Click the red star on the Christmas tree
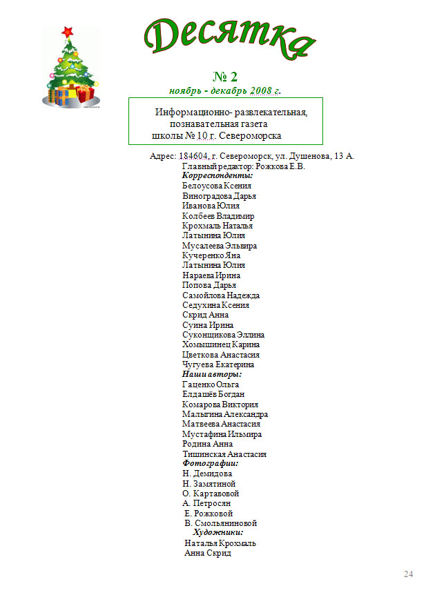pyautogui.click(x=67, y=31)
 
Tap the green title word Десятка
pyautogui.click(x=230, y=38)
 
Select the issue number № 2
pyautogui.click(x=224, y=76)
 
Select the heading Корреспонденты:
pyautogui.click(x=218, y=176)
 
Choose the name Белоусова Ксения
pyautogui.click(x=216, y=186)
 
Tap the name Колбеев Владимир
pyautogui.click(x=217, y=216)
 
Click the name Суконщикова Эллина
pyautogui.click(x=223, y=335)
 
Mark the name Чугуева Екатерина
pyautogui.click(x=218, y=364)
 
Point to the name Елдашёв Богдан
pyautogui.click(x=213, y=394)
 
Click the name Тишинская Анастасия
pyautogui.click(x=224, y=454)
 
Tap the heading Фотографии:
pyautogui.click(x=210, y=464)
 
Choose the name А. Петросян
pyautogui.click(x=206, y=503)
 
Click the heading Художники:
pyautogui.click(x=217, y=533)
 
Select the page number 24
pyautogui.click(x=408, y=574)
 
